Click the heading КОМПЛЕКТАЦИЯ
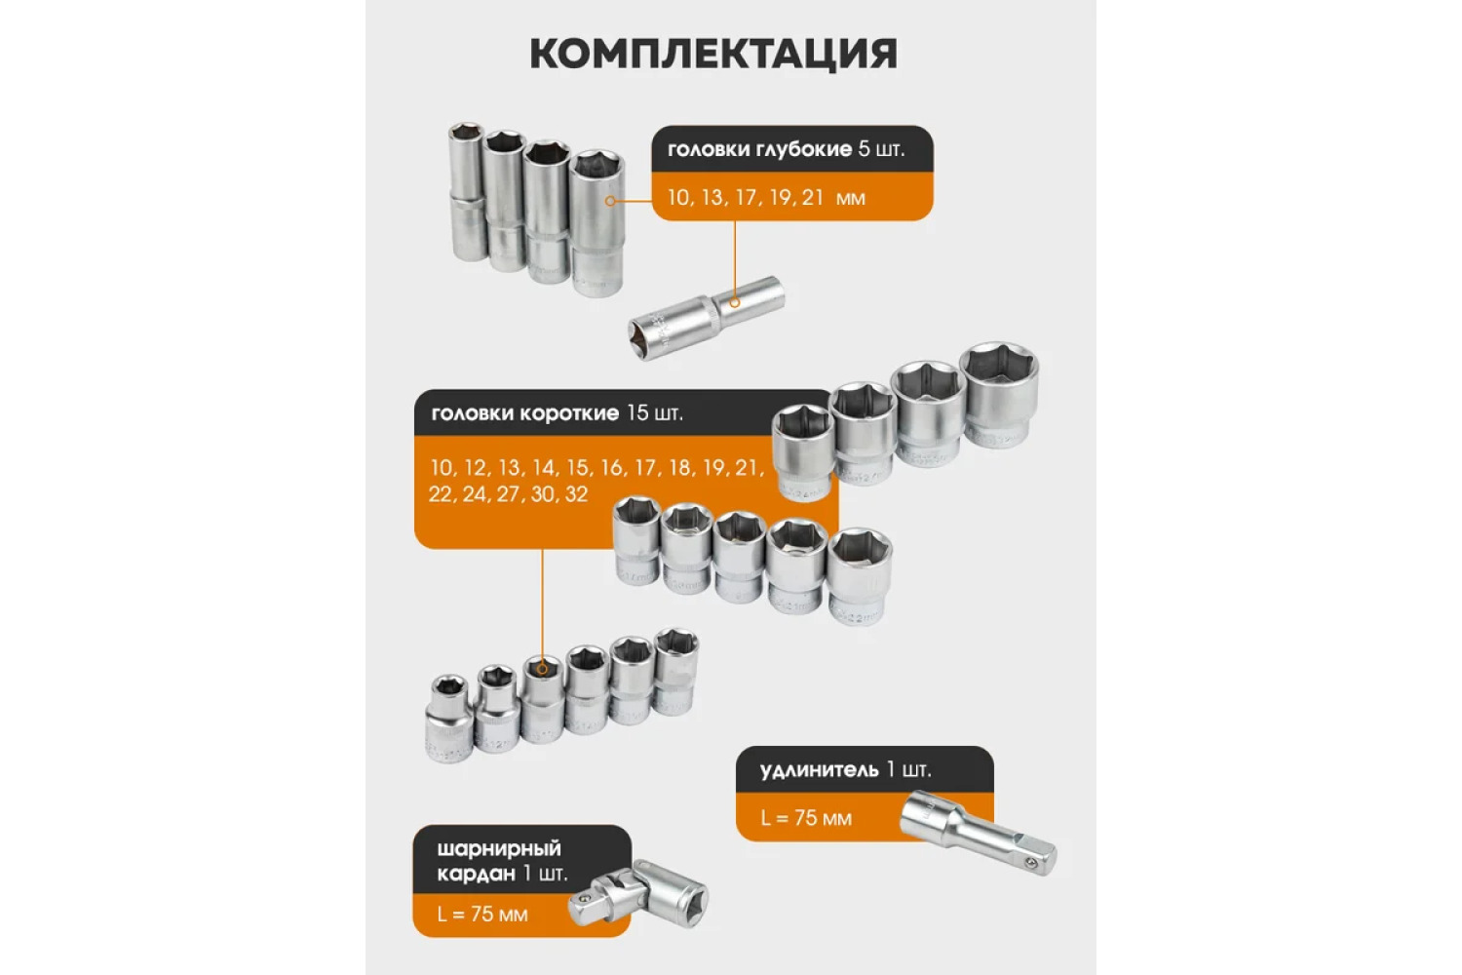point(713,54)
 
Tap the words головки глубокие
point(759,149)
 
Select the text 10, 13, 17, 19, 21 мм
point(766,197)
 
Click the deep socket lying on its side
point(707,318)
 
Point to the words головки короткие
point(524,413)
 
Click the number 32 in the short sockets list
point(576,494)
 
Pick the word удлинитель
point(819,770)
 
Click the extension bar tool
point(978,832)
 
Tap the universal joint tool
point(637,893)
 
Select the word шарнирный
point(499,849)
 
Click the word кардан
point(476,874)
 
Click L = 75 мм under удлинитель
point(806,818)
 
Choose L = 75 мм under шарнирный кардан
point(482,915)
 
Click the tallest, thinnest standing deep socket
point(467,191)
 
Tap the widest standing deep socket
point(597,224)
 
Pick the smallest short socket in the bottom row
point(449,719)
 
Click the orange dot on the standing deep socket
point(610,201)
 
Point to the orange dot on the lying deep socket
point(735,302)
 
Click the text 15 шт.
point(655,413)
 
